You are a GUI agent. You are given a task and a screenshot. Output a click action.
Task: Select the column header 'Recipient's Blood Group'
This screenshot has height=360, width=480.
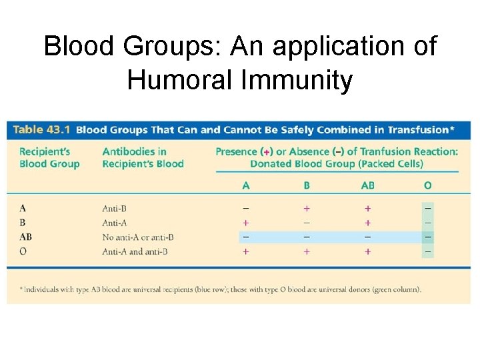click(x=49, y=158)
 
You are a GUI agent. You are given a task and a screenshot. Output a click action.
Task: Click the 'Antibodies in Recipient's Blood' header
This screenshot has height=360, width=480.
click(x=143, y=158)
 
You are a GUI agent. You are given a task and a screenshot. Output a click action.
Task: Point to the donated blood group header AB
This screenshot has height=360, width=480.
click(x=367, y=185)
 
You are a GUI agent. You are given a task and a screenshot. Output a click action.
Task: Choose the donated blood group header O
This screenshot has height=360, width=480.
click(x=427, y=185)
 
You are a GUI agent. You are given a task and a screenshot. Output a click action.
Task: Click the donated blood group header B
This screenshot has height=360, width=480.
click(x=307, y=185)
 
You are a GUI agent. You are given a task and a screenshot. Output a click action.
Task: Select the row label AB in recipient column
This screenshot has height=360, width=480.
click(x=26, y=237)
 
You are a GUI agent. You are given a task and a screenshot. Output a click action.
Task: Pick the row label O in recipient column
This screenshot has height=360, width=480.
click(x=23, y=251)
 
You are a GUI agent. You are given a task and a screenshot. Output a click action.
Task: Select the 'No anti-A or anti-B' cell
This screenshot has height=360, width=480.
click(x=138, y=237)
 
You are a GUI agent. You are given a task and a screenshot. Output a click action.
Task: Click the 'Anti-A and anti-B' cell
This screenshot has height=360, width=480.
click(x=135, y=251)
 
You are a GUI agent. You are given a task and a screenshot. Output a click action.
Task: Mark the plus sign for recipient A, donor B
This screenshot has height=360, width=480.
click(x=307, y=209)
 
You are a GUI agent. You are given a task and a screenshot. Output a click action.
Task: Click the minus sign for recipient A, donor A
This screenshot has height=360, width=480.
click(x=246, y=209)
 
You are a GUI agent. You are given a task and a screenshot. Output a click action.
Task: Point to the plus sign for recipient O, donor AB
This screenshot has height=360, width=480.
click(x=367, y=251)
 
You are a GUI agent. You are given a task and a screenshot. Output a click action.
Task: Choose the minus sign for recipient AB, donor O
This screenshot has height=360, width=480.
click(x=427, y=237)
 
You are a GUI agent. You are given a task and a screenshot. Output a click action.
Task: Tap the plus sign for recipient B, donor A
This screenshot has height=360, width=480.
click(x=246, y=223)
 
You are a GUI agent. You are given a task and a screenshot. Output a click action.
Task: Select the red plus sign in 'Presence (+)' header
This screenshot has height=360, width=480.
click(x=267, y=152)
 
